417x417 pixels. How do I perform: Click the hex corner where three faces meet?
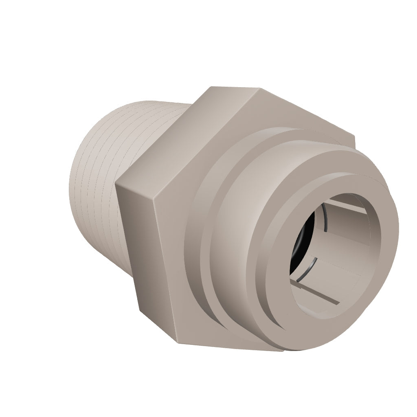coord(155,200)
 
